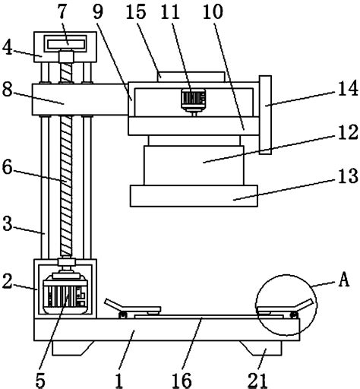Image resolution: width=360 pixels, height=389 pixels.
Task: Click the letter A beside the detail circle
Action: (343, 280)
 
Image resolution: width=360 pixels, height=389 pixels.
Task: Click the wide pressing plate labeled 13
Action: (196, 195)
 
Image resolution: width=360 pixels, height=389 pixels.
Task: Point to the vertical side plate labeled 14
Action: (265, 114)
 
